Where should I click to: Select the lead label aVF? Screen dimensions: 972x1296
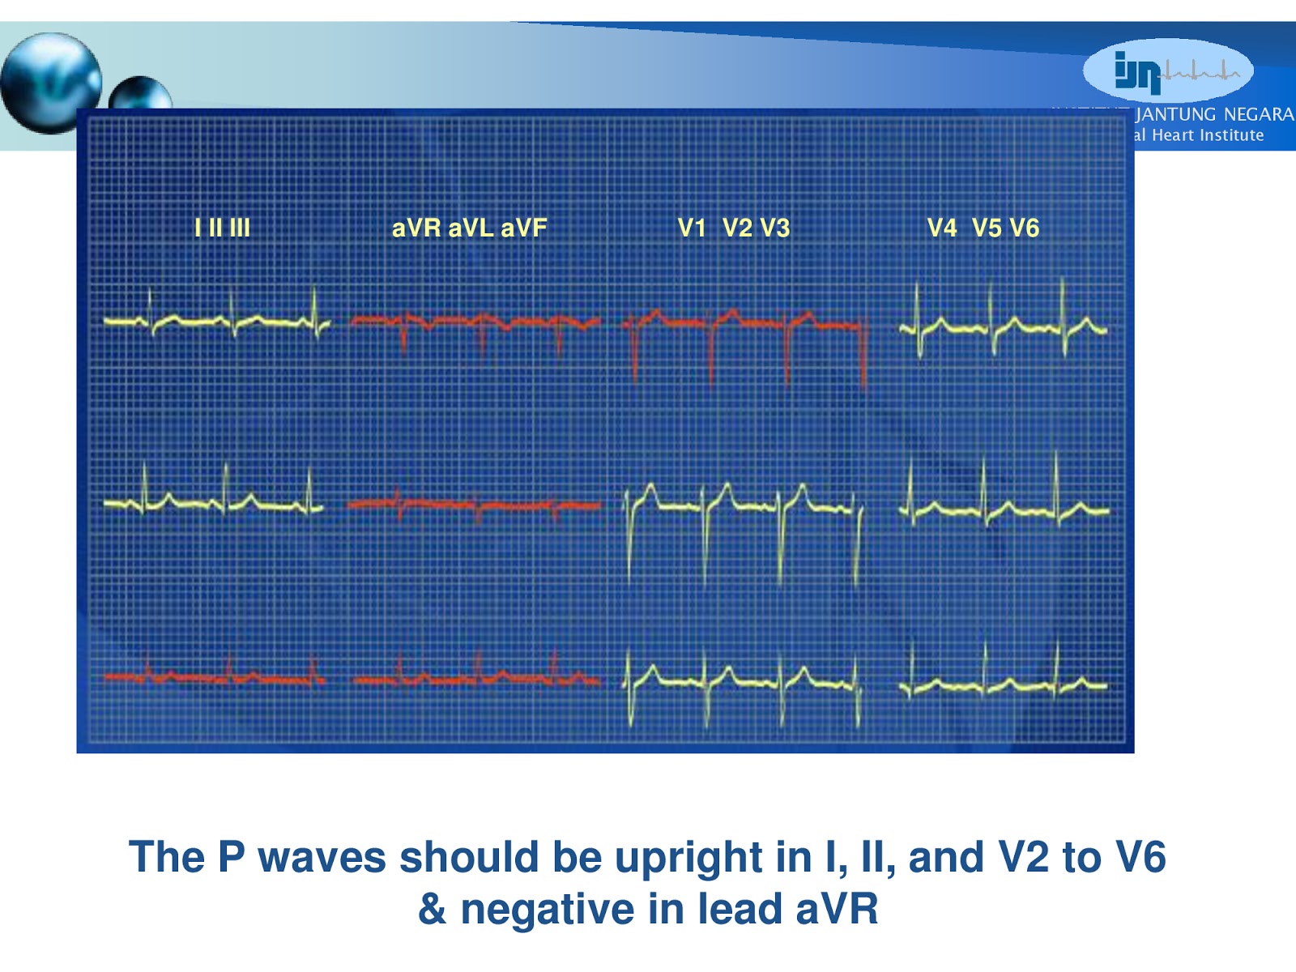click(x=524, y=228)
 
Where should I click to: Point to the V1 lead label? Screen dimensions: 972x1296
click(x=693, y=228)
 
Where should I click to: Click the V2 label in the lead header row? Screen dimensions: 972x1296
click(x=737, y=228)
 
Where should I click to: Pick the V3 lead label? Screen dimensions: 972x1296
click(x=775, y=228)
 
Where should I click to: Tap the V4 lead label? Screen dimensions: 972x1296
click(x=942, y=228)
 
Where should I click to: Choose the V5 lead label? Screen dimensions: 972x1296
click(x=987, y=228)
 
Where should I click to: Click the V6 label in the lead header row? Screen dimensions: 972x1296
click(x=1025, y=228)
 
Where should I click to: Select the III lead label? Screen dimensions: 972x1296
click(x=240, y=228)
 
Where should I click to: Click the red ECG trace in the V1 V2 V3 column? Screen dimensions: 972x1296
click(x=745, y=323)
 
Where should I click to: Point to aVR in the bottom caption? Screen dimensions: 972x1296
click(x=836, y=909)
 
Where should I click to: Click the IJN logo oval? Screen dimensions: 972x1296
click(x=1168, y=70)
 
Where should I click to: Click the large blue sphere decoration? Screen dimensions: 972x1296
click(x=50, y=83)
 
